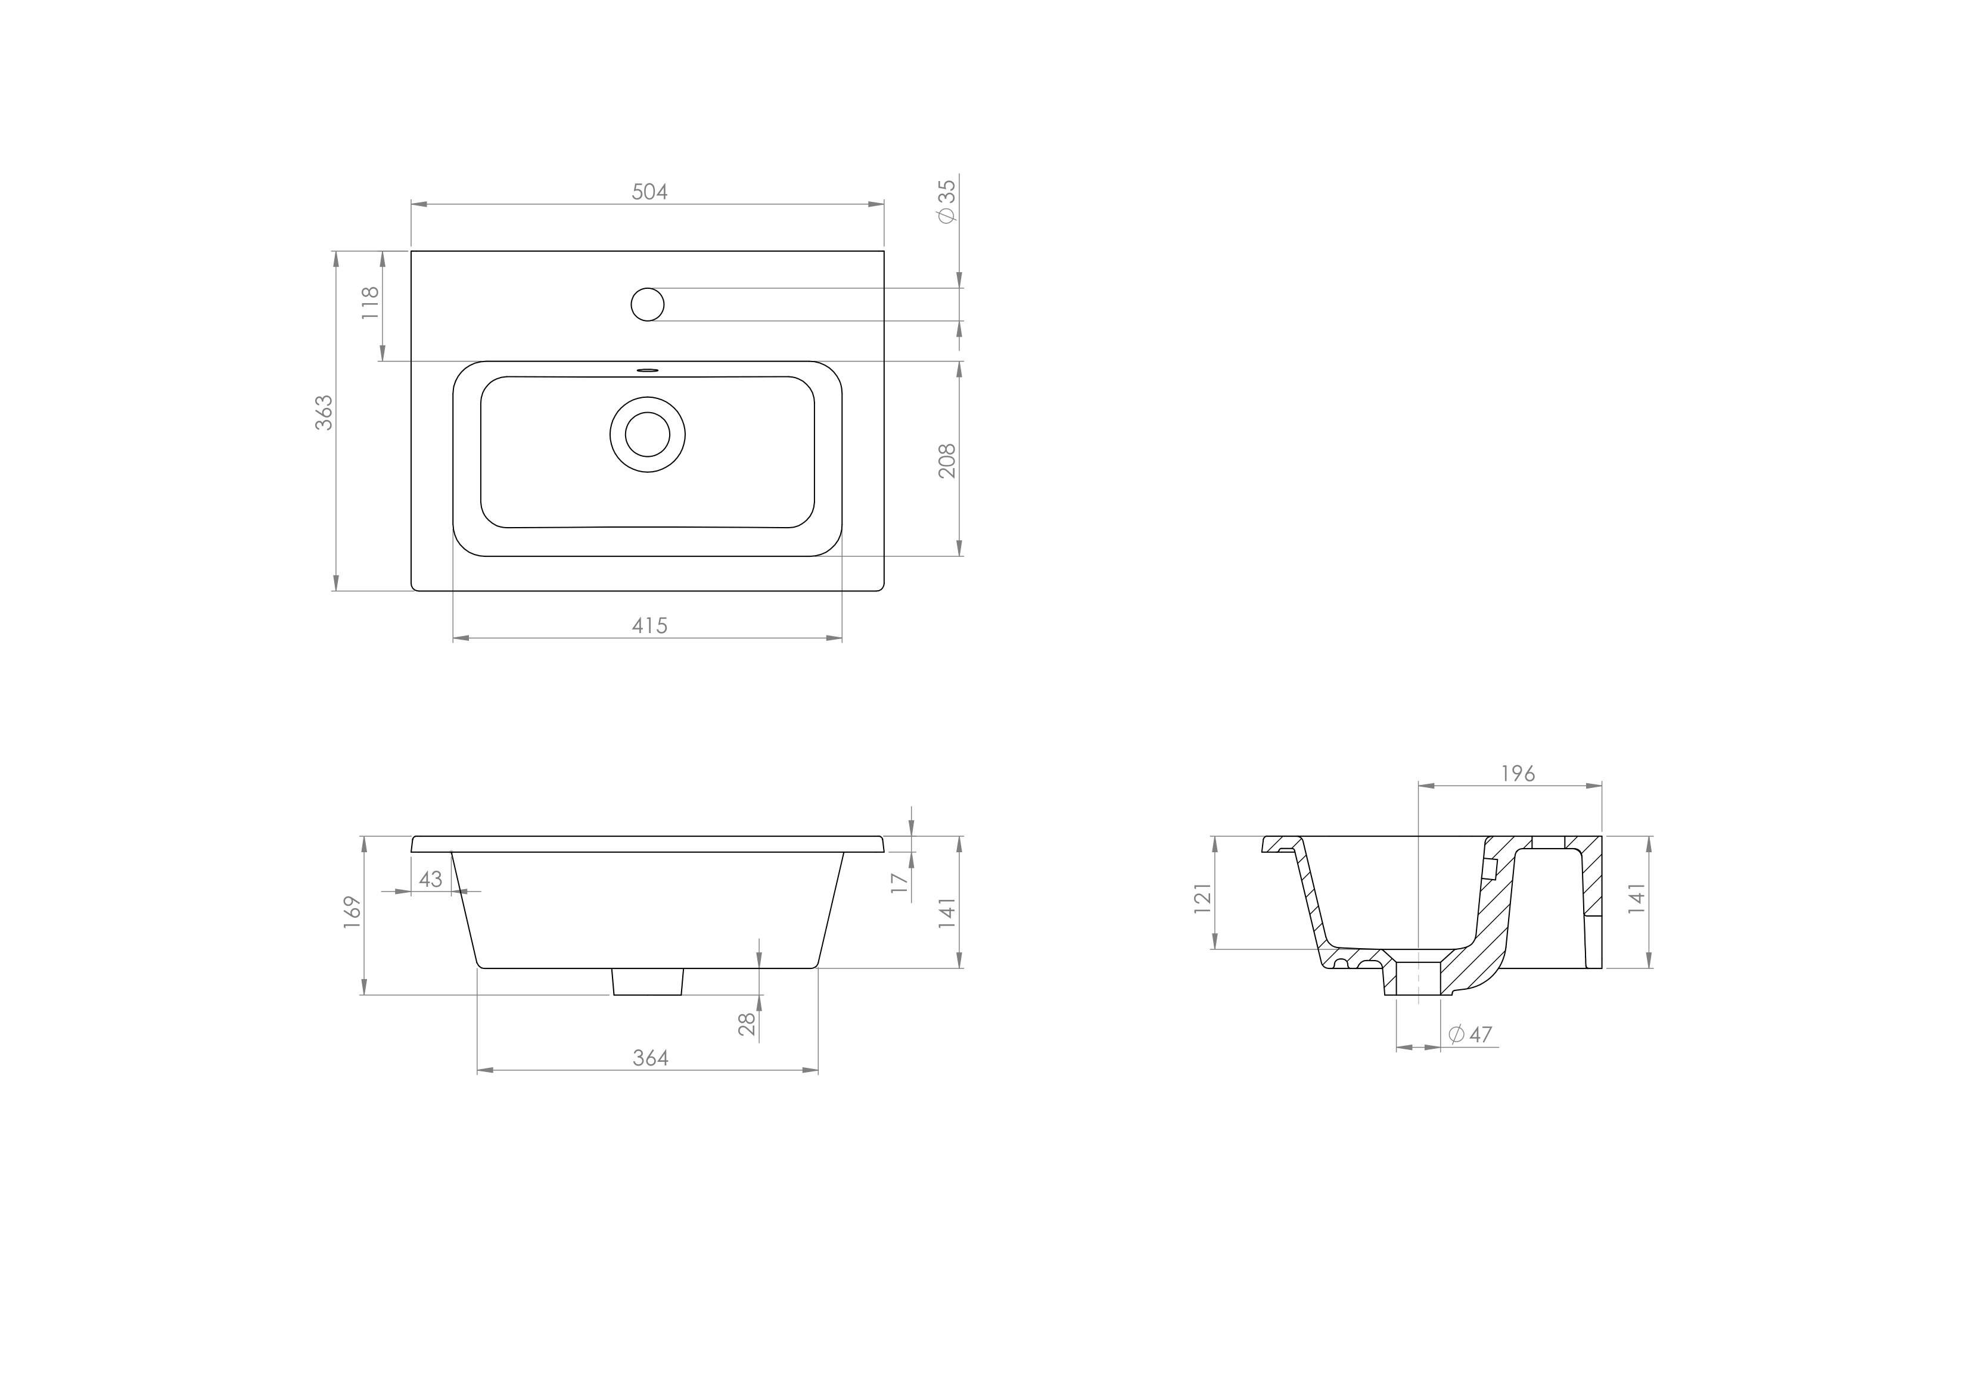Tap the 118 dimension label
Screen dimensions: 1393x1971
point(369,303)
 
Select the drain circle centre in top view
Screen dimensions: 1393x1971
point(647,434)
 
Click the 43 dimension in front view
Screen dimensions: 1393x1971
point(430,879)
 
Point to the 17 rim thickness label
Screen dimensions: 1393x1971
point(899,883)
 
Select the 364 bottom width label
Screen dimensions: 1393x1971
point(650,1058)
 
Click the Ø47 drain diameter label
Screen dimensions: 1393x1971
point(1471,1034)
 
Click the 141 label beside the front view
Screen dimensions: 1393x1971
point(946,913)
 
